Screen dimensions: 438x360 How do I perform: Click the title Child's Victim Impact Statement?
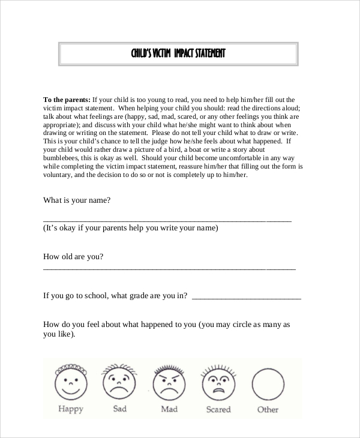[178, 54]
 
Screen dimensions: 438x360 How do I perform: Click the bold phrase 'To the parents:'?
[66, 100]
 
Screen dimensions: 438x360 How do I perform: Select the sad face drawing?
[119, 382]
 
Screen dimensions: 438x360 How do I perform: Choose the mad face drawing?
[169, 382]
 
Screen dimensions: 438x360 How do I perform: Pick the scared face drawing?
[218, 382]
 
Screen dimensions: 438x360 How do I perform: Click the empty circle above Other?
[268, 382]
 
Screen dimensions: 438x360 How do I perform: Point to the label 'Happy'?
[70, 410]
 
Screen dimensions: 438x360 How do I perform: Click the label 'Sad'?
[120, 409]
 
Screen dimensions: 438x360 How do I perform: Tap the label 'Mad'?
[169, 410]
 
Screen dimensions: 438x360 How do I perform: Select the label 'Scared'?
[218, 410]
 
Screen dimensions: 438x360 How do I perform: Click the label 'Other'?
[268, 410]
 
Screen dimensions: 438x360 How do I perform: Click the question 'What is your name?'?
[77, 201]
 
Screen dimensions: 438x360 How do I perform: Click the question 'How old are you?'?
[73, 256]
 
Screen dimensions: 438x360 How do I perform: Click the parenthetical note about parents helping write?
[130, 229]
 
